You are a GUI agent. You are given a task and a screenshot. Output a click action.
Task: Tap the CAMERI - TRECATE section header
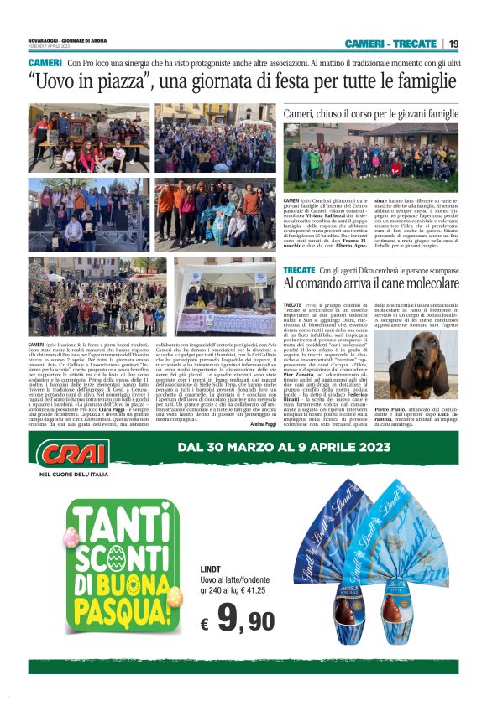tap(390, 44)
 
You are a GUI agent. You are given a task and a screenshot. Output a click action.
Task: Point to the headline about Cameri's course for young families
tap(370, 113)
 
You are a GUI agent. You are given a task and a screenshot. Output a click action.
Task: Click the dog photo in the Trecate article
tap(429, 368)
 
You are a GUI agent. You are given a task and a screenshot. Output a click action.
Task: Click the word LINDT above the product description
tap(211, 569)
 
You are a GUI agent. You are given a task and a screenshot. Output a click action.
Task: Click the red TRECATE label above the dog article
tap(300, 271)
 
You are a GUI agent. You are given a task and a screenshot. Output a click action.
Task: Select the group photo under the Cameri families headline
tap(370, 159)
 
